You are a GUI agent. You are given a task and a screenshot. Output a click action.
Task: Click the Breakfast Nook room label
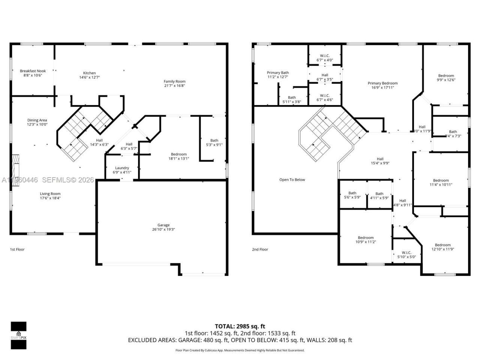(x=33, y=71)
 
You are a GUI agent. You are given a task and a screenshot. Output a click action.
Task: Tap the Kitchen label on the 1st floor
(x=89, y=73)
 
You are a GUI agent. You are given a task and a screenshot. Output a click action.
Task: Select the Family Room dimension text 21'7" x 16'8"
(x=174, y=85)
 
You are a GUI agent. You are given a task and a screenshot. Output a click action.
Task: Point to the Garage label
(x=163, y=225)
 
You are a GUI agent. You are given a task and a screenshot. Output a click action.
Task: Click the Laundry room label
(x=122, y=168)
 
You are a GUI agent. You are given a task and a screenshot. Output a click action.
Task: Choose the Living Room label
(x=50, y=194)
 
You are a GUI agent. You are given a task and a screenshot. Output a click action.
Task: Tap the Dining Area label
(x=37, y=120)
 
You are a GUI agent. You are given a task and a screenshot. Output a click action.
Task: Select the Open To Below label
(x=292, y=180)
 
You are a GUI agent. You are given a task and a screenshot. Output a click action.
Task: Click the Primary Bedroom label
(x=382, y=83)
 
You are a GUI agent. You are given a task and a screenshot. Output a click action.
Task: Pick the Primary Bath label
(x=278, y=73)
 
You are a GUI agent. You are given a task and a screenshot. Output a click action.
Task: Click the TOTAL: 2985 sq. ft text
(x=240, y=326)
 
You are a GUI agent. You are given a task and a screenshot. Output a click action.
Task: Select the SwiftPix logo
(x=18, y=335)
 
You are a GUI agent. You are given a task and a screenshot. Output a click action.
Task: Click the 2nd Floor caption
(x=260, y=249)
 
